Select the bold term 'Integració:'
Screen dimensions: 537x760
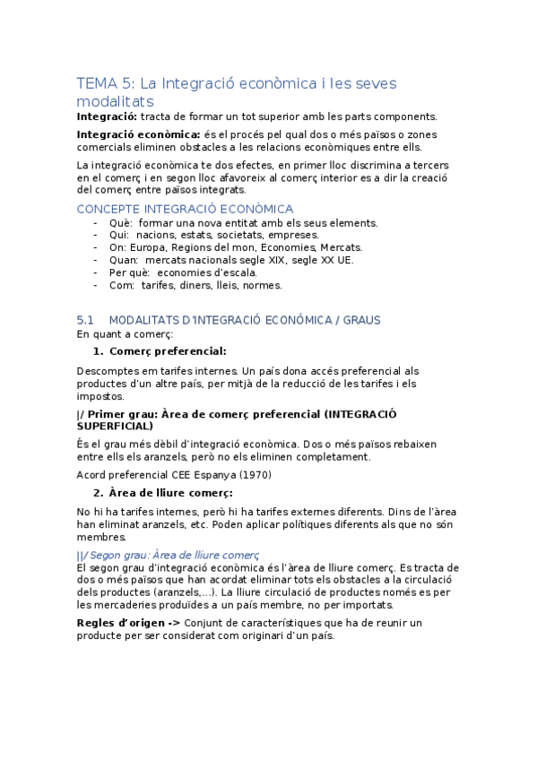click(107, 117)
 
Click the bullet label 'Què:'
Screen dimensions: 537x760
click(121, 222)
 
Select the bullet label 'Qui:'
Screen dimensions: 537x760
click(119, 235)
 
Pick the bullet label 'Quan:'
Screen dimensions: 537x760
click(124, 260)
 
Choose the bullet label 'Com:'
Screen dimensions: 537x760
click(121, 285)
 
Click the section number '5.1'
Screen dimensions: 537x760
click(86, 320)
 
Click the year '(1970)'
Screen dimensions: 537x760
click(250, 474)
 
